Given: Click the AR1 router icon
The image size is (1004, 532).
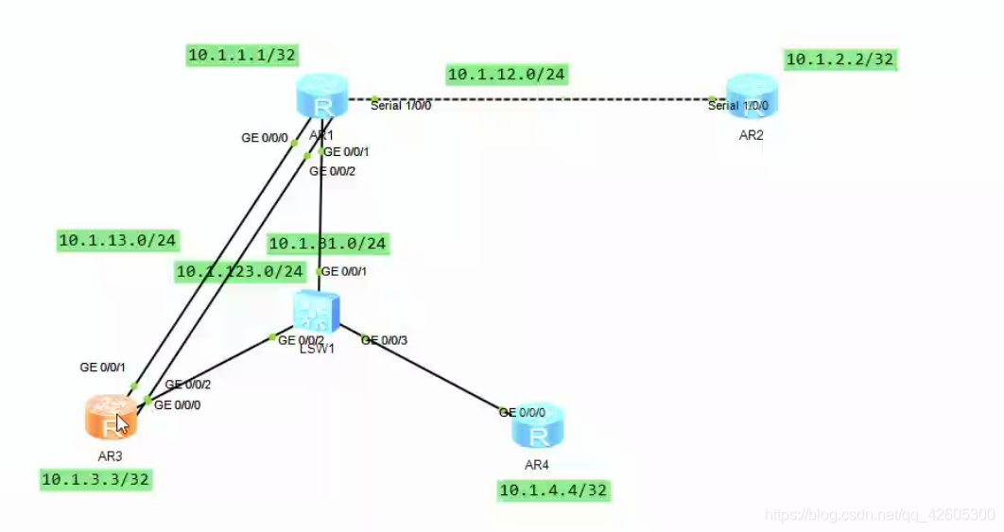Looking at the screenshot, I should click(x=322, y=97).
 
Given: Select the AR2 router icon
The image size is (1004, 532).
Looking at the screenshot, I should click(x=752, y=97).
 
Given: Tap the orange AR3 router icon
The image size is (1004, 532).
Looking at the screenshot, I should click(x=112, y=417).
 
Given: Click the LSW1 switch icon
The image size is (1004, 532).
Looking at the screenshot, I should click(x=316, y=310).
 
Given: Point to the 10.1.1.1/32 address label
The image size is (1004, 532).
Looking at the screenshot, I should click(x=243, y=56).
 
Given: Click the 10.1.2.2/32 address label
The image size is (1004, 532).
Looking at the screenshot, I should click(x=840, y=60).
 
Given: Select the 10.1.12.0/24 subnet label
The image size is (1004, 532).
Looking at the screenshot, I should click(x=508, y=74).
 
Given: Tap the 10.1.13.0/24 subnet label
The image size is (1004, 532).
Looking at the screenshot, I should click(x=118, y=241).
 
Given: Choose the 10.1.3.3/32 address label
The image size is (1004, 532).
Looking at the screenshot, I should click(x=95, y=479).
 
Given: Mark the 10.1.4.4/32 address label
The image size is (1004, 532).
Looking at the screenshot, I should click(x=553, y=489).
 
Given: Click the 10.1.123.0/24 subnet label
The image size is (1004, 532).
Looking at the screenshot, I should click(x=240, y=272).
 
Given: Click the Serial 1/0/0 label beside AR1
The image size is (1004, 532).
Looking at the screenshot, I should click(x=401, y=106).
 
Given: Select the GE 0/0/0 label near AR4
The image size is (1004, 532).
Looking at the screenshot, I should click(x=522, y=413).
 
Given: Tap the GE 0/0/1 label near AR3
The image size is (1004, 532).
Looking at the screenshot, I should click(x=103, y=368).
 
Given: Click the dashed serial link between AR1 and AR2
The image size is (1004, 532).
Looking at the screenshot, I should click(x=543, y=98).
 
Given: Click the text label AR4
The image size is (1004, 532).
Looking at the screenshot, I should click(x=537, y=465).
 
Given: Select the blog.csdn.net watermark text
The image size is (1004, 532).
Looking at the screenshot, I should click(x=879, y=515).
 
